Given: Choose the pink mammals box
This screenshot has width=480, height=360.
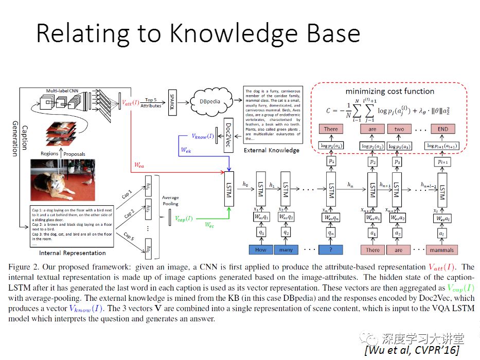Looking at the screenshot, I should pos(441,249).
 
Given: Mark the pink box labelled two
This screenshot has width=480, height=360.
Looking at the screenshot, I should pos(399,129).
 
